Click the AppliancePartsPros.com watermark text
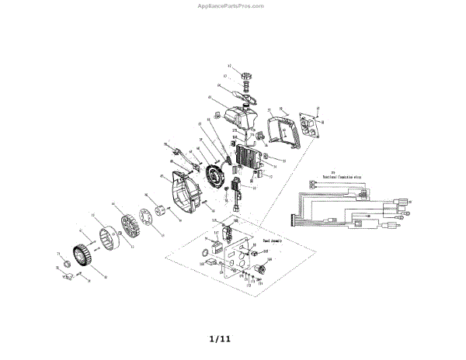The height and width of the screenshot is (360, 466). pyautogui.click(x=232, y=5)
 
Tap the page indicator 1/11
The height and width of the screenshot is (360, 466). pyautogui.click(x=220, y=339)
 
